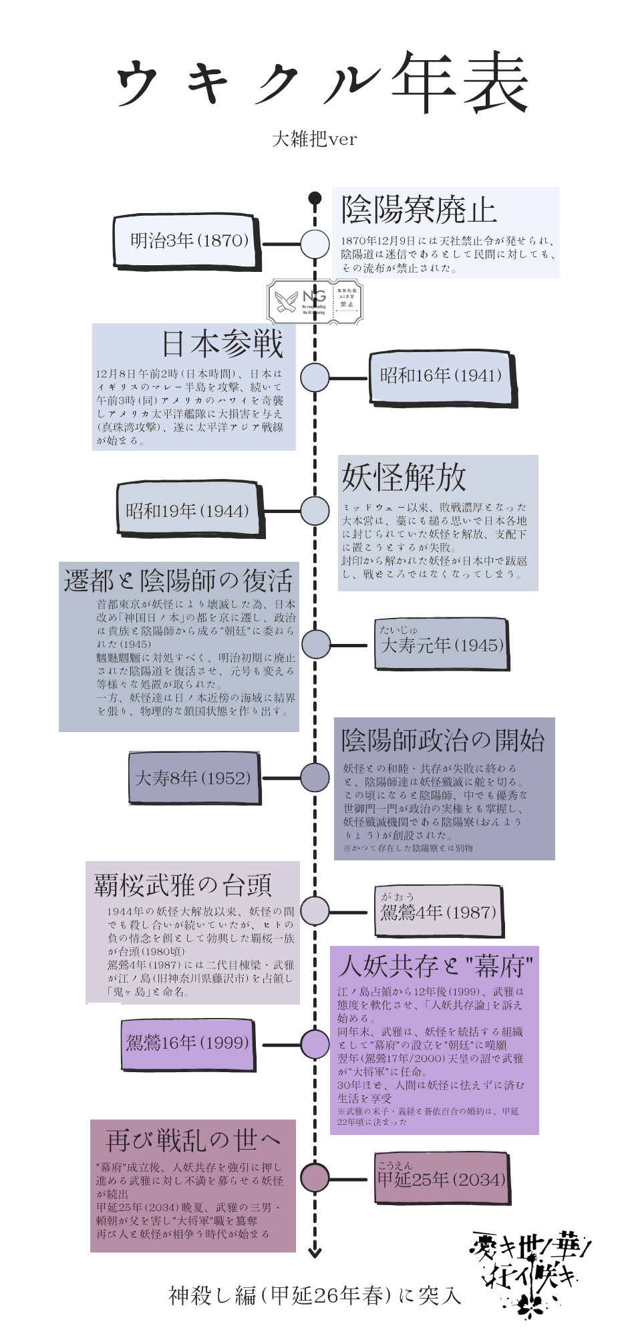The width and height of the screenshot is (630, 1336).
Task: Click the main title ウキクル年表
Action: pyautogui.click(x=322, y=83)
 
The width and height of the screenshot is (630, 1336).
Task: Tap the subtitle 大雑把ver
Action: pyautogui.click(x=315, y=139)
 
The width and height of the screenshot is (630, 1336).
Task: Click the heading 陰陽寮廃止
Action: pyautogui.click(x=419, y=210)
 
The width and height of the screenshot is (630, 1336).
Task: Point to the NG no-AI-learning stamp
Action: pyautogui.click(x=315, y=302)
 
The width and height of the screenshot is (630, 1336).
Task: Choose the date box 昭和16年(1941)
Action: pyautogui.click(x=441, y=376)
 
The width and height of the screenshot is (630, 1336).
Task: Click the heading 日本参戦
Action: pyautogui.click(x=222, y=343)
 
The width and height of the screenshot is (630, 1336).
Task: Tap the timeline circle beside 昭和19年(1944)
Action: pyautogui.click(x=315, y=511)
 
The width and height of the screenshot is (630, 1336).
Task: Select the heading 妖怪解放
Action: pyautogui.click(x=404, y=477)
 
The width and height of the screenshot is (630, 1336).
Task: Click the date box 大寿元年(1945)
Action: pyautogui.click(x=442, y=644)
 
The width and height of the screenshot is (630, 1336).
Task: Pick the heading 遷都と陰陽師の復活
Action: pyautogui.click(x=179, y=580)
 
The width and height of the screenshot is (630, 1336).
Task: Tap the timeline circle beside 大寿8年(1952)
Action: pyautogui.click(x=315, y=778)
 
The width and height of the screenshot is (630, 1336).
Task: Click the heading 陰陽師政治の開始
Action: pyautogui.click(x=443, y=740)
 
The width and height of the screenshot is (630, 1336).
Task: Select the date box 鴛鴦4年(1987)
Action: pyautogui.click(x=438, y=911)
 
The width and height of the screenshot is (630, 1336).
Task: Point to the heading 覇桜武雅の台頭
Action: pyautogui.click(x=183, y=885)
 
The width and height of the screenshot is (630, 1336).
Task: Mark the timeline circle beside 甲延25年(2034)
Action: pyautogui.click(x=315, y=1178)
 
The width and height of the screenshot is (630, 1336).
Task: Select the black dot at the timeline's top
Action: pyautogui.click(x=315, y=198)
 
